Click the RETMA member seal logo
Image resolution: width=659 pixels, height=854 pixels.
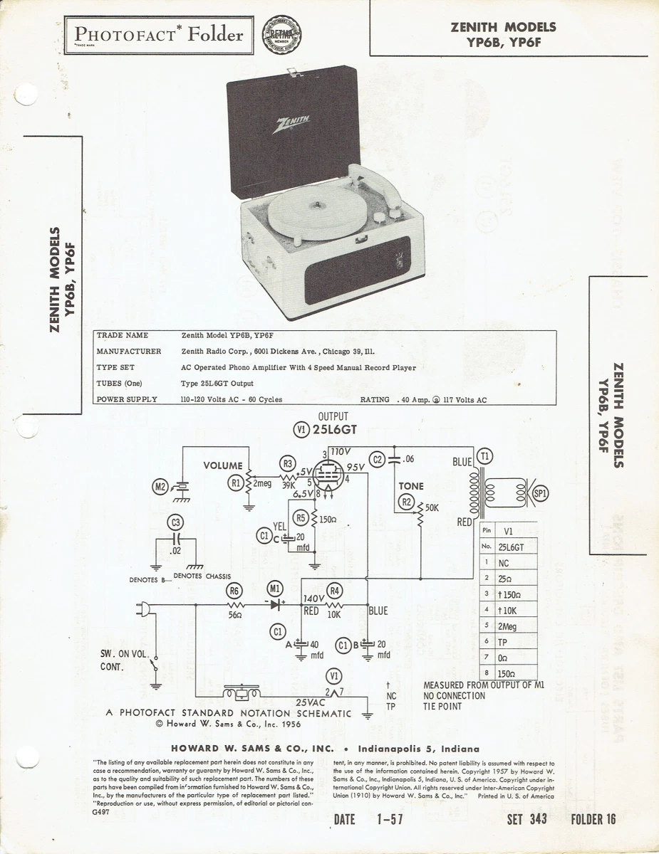282,35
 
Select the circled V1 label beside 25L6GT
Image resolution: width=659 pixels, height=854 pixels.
301,429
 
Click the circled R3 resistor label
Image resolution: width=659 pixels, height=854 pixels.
287,463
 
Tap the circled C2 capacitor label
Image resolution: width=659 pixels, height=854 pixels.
378,459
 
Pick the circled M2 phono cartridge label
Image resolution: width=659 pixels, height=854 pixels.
160,487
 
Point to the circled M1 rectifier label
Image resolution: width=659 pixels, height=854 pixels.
275,589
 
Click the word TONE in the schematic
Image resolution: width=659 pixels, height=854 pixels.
411,486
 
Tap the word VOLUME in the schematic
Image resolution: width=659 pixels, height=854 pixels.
223,465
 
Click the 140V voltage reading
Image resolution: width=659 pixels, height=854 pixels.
314,599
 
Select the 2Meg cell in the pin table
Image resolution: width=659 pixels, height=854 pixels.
508,626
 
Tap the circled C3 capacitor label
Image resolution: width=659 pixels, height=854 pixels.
175,523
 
